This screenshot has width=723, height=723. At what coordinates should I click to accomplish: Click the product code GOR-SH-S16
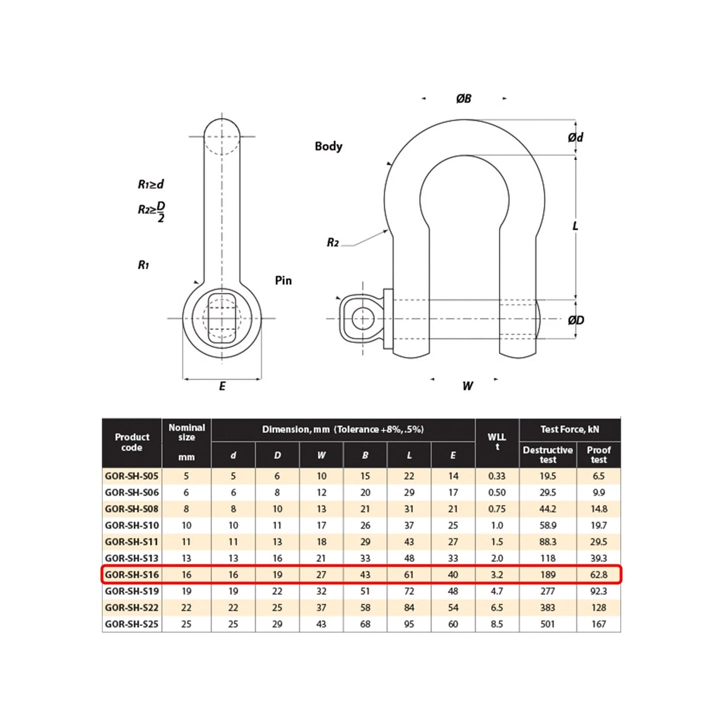(x=132, y=574)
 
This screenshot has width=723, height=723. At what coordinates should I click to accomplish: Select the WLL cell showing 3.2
(x=497, y=574)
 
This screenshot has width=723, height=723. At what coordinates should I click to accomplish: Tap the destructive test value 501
(x=547, y=624)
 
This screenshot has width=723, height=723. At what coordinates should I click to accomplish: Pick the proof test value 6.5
(x=598, y=476)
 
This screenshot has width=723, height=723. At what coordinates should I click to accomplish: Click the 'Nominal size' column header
(x=187, y=432)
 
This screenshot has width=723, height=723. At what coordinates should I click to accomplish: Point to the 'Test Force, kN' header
(x=569, y=429)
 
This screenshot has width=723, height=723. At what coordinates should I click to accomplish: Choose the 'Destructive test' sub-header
(x=547, y=454)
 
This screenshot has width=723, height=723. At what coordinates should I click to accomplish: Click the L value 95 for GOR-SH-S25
(x=409, y=624)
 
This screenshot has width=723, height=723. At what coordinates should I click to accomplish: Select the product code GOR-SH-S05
(x=132, y=476)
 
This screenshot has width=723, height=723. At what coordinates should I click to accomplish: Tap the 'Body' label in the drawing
(x=328, y=146)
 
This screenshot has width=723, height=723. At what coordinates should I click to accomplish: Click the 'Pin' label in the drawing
(x=283, y=280)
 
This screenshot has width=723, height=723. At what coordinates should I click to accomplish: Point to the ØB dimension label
(x=463, y=99)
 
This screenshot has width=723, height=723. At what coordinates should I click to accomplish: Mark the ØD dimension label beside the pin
(x=576, y=320)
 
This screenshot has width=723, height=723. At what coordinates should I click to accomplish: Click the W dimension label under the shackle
(x=467, y=386)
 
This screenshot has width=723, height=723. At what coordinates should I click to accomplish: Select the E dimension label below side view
(x=222, y=386)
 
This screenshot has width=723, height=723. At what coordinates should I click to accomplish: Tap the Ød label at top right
(x=575, y=137)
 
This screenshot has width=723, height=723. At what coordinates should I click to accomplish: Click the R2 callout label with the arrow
(x=333, y=243)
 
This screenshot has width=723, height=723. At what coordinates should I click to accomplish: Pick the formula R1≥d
(x=151, y=184)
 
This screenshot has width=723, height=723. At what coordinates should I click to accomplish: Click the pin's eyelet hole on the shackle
(x=362, y=319)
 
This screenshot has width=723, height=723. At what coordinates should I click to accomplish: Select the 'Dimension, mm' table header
(x=343, y=429)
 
